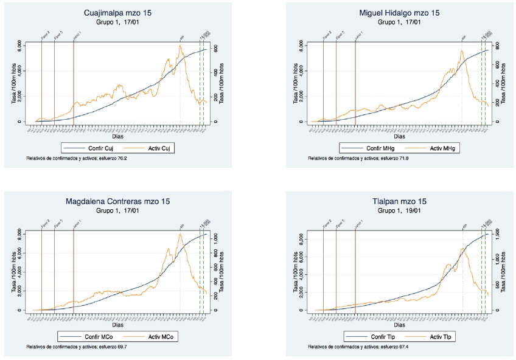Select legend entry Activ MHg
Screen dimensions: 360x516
point(433,148)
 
